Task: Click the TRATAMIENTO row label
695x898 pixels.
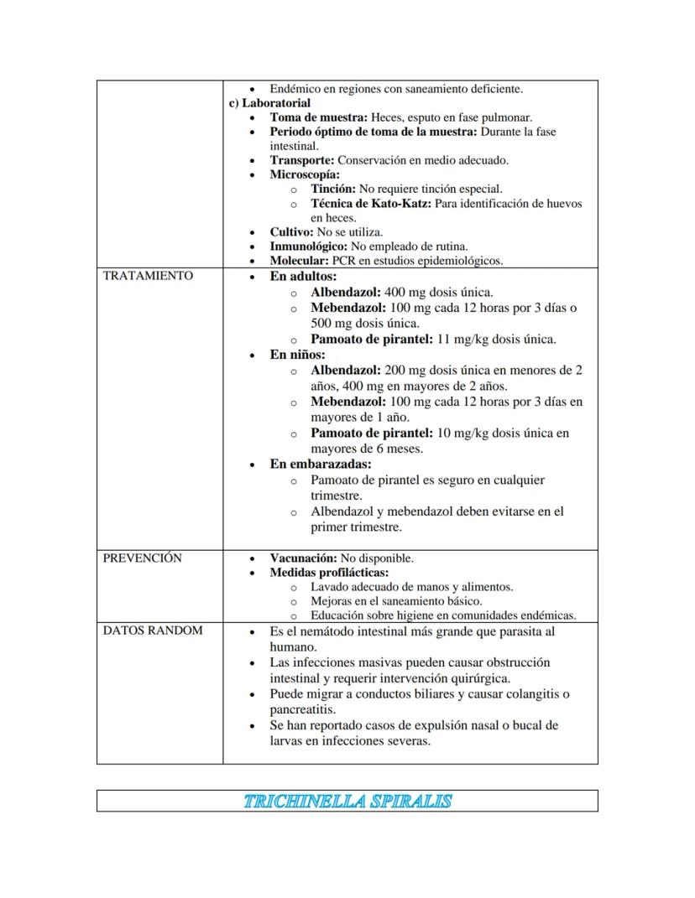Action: (x=148, y=276)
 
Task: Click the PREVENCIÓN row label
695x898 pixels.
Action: (x=142, y=558)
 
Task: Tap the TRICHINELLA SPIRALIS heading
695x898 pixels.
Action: (x=347, y=802)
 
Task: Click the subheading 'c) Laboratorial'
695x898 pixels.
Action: (x=269, y=103)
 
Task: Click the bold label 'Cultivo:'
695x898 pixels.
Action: (x=291, y=232)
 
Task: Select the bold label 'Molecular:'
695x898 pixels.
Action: (x=299, y=261)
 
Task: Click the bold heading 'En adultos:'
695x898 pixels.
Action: (x=303, y=276)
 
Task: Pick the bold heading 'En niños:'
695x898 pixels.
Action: (x=297, y=355)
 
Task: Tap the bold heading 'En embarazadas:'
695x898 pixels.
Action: (x=320, y=464)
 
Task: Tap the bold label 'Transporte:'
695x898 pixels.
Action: (x=301, y=160)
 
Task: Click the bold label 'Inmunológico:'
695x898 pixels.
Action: (x=308, y=247)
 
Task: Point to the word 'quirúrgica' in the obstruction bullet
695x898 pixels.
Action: (x=480, y=678)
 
